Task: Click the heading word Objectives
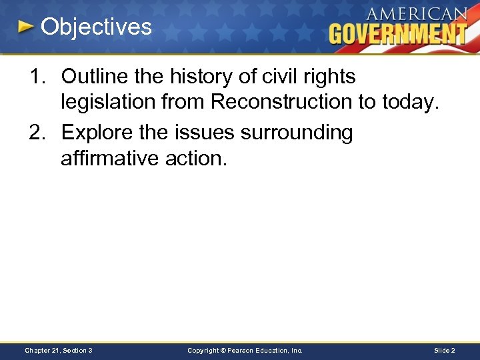click(x=97, y=27)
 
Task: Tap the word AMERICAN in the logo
click(x=417, y=13)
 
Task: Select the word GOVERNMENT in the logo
click(x=397, y=33)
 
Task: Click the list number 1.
click(x=36, y=77)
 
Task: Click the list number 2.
click(x=36, y=133)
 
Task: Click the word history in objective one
click(x=197, y=77)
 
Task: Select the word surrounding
click(x=297, y=133)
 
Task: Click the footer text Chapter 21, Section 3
click(x=59, y=350)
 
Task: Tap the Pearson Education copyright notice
click(x=245, y=350)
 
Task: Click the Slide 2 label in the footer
click(x=444, y=350)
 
